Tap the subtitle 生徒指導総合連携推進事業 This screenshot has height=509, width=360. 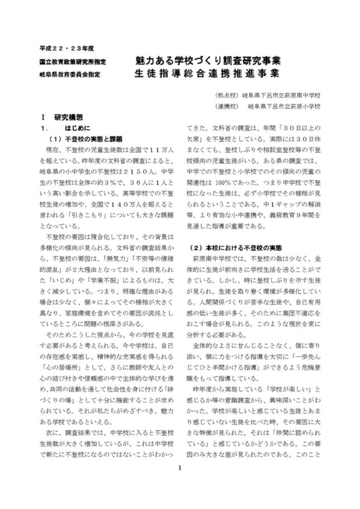click(207, 73)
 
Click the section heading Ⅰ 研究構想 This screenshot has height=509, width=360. click(62, 118)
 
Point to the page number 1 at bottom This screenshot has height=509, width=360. click(180, 484)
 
